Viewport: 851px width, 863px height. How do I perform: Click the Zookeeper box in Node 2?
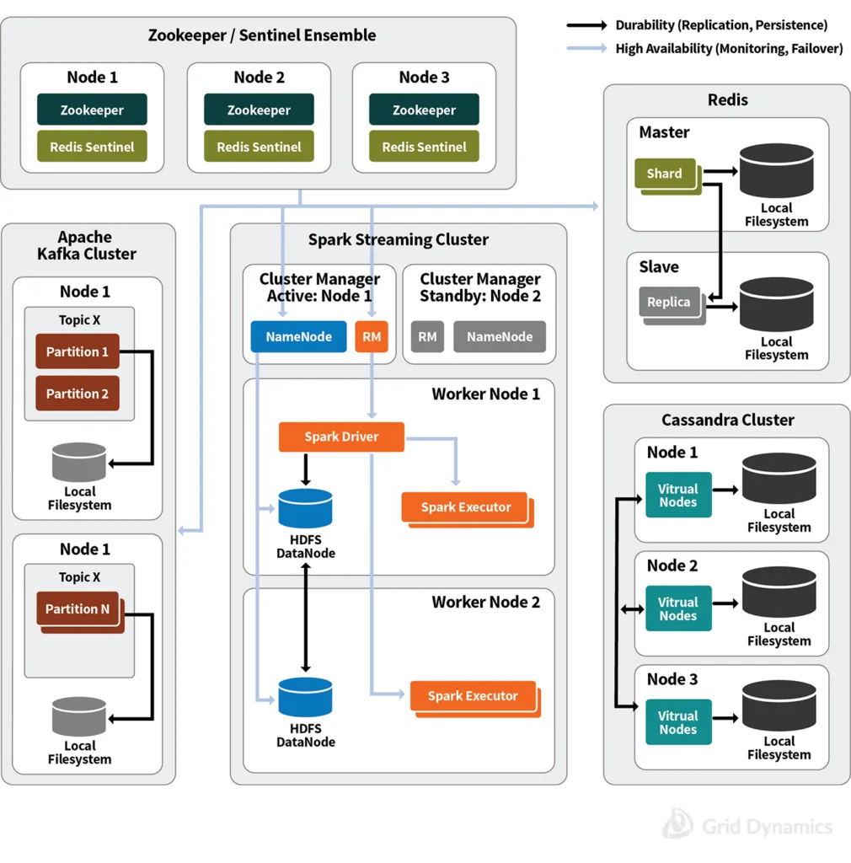259,110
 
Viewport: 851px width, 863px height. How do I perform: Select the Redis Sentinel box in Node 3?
424,147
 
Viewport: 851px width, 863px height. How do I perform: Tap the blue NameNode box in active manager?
298,336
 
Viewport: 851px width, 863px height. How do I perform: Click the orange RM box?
372,336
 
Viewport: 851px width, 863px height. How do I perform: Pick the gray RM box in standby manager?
427,336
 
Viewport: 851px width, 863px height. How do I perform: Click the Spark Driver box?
341,437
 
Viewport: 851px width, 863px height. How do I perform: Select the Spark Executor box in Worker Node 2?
473,696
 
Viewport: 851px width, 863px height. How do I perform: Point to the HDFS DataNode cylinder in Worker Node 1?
305,508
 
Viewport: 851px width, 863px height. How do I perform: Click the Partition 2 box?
78,394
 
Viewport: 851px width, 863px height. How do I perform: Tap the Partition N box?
78,609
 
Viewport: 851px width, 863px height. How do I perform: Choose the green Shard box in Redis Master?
666,174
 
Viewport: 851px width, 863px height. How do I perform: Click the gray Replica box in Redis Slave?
669,303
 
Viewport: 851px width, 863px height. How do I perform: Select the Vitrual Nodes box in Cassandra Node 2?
678,608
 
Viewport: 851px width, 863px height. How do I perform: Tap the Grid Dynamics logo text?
766,827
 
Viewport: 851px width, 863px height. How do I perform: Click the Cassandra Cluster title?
727,420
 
